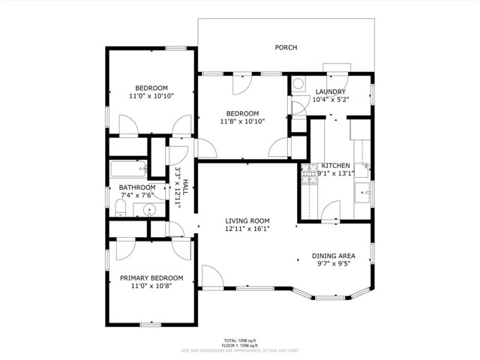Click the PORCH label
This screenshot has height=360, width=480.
pyautogui.click(x=286, y=48)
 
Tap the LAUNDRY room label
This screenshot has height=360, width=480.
pyautogui.click(x=330, y=91)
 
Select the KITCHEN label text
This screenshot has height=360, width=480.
pyautogui.click(x=336, y=165)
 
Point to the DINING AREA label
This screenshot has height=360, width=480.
pyautogui.click(x=333, y=256)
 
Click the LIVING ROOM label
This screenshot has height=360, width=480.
pyautogui.click(x=247, y=221)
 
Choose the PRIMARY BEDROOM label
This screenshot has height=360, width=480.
pyautogui.click(x=151, y=278)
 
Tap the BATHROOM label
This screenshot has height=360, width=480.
pyautogui.click(x=137, y=187)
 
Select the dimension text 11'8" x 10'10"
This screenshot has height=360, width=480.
pyautogui.click(x=243, y=121)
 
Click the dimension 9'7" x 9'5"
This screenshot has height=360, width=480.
pyautogui.click(x=333, y=264)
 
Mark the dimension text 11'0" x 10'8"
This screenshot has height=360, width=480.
pyautogui.click(x=151, y=286)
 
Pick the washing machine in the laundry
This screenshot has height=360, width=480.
pyautogui.click(x=298, y=85)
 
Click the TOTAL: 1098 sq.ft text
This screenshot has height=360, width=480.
pyautogui.click(x=240, y=340)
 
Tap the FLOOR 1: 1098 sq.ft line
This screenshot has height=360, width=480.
pyautogui.click(x=240, y=345)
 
